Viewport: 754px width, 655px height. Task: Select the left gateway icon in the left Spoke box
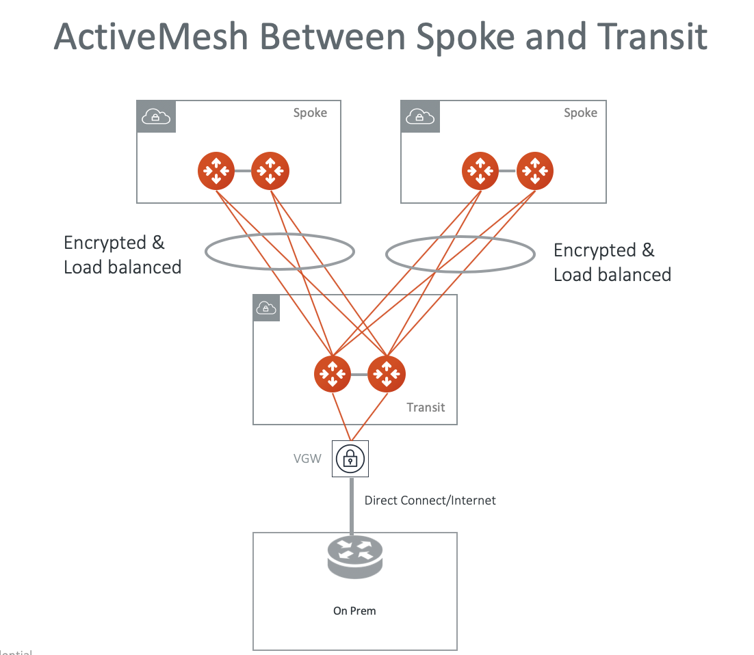point(216,170)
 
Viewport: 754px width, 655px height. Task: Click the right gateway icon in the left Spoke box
point(270,170)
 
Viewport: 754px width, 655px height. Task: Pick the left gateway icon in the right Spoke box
point(480,170)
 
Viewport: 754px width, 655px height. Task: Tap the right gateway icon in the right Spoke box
point(534,170)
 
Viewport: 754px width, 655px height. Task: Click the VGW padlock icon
point(350,459)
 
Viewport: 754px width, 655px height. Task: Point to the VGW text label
point(307,459)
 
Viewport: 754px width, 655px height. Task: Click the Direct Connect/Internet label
point(430,500)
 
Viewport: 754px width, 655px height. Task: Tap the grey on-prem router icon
point(355,556)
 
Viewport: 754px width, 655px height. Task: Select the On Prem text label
point(354,611)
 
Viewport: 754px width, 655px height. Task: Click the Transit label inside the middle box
point(426,407)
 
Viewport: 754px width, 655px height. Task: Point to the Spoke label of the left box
point(310,113)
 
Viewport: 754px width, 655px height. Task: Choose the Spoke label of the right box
point(580,113)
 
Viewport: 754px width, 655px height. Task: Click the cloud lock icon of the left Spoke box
point(157,118)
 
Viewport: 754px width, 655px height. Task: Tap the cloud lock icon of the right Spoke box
point(420,118)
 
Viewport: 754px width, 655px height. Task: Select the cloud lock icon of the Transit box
point(267,308)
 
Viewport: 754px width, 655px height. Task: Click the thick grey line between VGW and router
point(351,506)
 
